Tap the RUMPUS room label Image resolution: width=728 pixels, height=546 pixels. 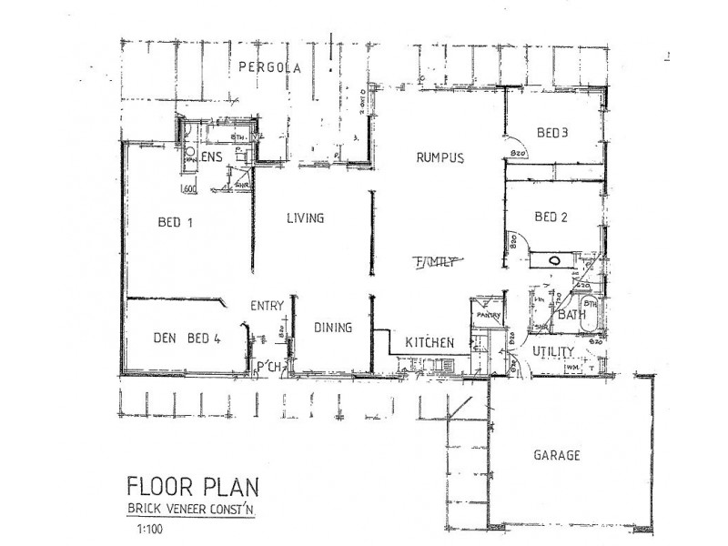pyautogui.click(x=440, y=157)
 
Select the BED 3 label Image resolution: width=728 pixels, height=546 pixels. pyautogui.click(x=551, y=133)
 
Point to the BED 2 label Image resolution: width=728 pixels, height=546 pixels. pyautogui.click(x=551, y=217)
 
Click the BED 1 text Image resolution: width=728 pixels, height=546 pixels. pyautogui.click(x=178, y=221)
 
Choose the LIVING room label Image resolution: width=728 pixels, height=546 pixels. pyautogui.click(x=306, y=218)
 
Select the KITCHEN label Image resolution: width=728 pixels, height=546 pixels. pyautogui.click(x=430, y=342)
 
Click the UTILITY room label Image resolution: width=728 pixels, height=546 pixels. pyautogui.click(x=552, y=351)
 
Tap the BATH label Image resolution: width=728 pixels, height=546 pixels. pyautogui.click(x=571, y=316)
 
